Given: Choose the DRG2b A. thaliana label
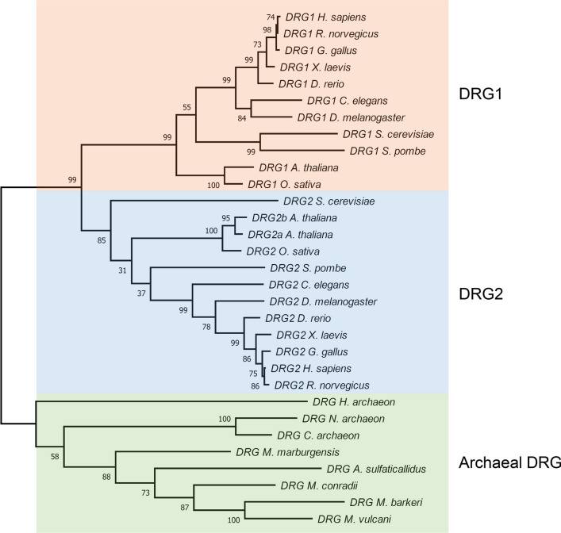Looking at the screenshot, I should (x=293, y=218).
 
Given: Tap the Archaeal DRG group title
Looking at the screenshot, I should (x=510, y=461).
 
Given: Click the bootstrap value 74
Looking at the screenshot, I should (x=270, y=16).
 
